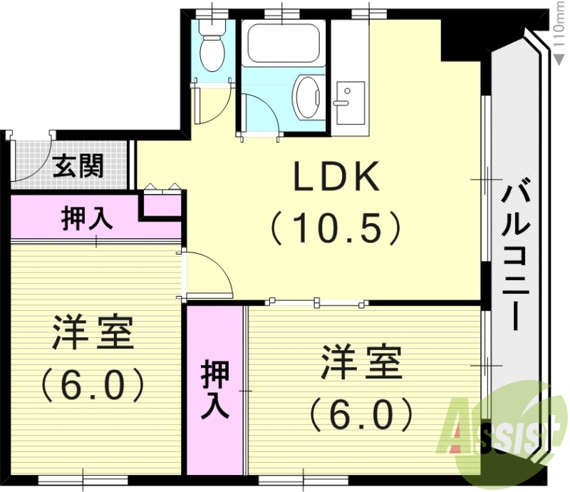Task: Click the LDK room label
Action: (x=337, y=179)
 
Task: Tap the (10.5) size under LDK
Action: (x=336, y=228)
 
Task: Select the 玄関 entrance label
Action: (x=79, y=167)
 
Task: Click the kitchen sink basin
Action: (x=350, y=94)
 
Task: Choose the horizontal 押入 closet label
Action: (x=88, y=218)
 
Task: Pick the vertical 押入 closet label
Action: (x=214, y=389)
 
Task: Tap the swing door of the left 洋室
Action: (x=211, y=275)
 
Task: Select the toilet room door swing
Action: (x=213, y=104)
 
